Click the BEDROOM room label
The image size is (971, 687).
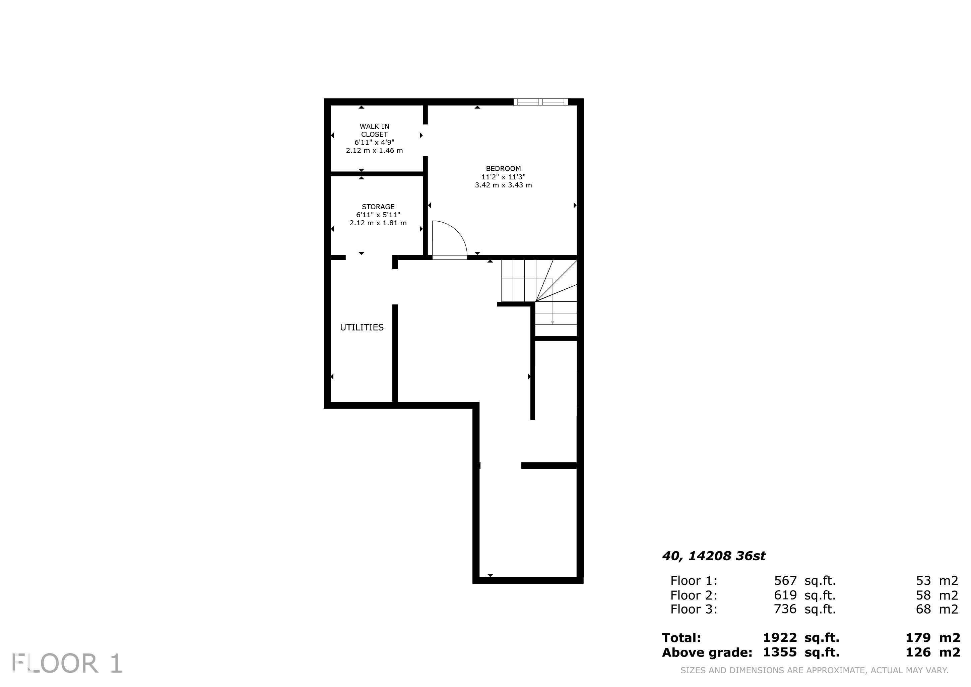pyautogui.click(x=503, y=168)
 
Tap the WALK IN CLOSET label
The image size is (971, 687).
pyautogui.click(x=374, y=130)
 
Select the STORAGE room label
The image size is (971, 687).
pyautogui.click(x=378, y=207)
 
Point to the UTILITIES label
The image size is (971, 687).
pyautogui.click(x=362, y=327)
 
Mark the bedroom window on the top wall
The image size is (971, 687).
pyautogui.click(x=541, y=102)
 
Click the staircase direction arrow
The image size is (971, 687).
pyautogui.click(x=552, y=301)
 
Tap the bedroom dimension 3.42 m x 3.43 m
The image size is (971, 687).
pyautogui.click(x=503, y=185)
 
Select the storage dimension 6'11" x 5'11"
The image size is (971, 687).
pyautogui.click(x=378, y=215)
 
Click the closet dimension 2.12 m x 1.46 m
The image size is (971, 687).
pyautogui.click(x=374, y=150)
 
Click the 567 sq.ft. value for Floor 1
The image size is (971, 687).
pyautogui.click(x=805, y=580)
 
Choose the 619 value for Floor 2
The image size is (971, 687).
pyautogui.click(x=785, y=595)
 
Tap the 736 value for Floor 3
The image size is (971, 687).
pyautogui.click(x=785, y=609)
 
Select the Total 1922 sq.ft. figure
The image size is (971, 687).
pyautogui.click(x=801, y=637)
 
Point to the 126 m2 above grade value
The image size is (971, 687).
pyautogui.click(x=932, y=652)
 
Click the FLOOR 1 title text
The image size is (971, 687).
pyautogui.click(x=67, y=663)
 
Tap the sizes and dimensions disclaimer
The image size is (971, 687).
pyautogui.click(x=814, y=671)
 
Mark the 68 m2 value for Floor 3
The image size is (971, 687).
pyautogui.click(x=937, y=609)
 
